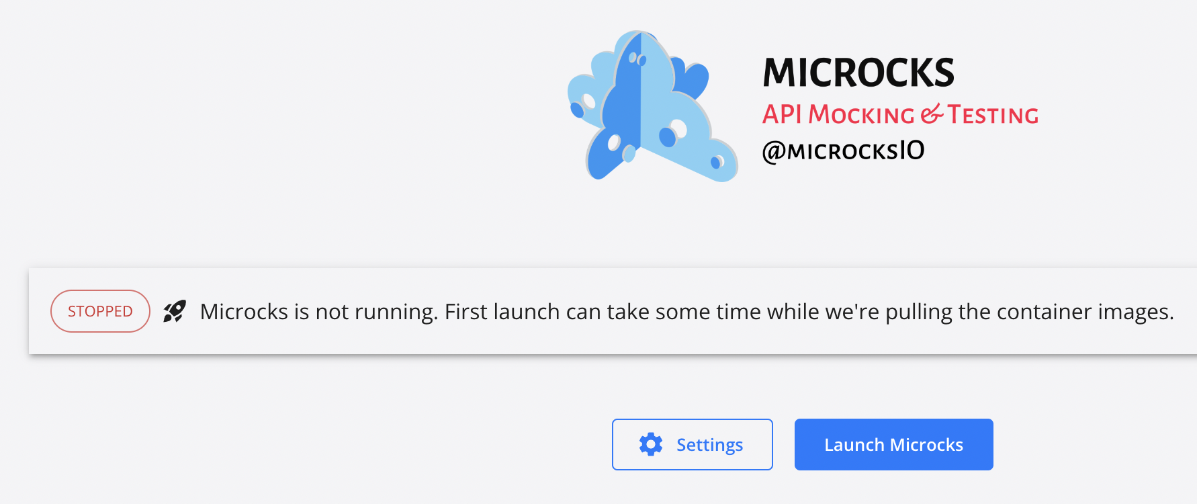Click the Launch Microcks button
893,444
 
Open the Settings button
692,444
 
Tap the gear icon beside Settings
651,444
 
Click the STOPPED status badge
100,311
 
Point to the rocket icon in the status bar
175,311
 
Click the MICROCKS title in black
858,73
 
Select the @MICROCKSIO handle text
844,151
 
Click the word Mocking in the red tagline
861,114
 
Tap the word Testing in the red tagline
993,114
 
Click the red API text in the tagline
782,114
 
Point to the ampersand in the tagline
932,114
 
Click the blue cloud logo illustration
652,106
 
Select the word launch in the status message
527,312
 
